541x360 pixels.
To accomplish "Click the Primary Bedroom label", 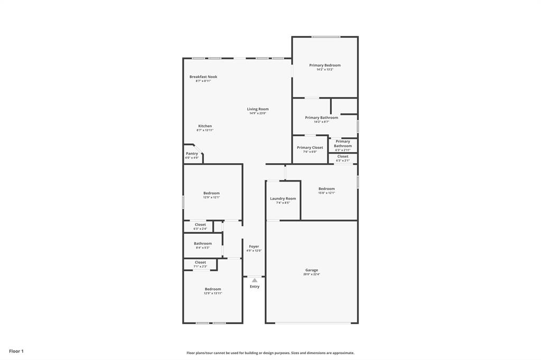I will tap(325, 65).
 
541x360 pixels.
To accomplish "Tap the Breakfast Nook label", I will tap(203, 77).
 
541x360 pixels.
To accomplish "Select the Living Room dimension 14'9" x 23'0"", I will tap(258, 113).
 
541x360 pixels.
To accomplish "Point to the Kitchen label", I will tap(205, 126).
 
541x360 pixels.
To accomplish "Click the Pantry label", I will tap(192, 154).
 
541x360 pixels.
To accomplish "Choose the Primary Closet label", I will tap(310, 148).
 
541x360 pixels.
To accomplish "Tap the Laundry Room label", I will tap(283, 199).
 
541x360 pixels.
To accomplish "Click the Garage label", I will tap(312, 270).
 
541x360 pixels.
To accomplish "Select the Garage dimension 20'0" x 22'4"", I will tap(312, 274).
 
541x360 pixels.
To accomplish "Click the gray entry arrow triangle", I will tap(255, 280).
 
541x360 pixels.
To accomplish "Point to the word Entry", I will tap(255, 287).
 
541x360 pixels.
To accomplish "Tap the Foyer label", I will tap(254, 247).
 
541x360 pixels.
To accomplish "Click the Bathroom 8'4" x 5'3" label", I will tap(202, 244).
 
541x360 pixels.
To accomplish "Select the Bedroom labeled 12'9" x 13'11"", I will tap(213, 289).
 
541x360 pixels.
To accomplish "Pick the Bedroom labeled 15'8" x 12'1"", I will tap(327, 189).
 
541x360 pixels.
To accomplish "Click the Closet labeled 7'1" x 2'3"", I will tap(200, 262).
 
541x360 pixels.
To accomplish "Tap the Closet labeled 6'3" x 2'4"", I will tap(200, 225).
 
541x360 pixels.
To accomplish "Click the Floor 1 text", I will tap(16, 351).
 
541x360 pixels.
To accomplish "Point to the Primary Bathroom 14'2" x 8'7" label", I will tap(321, 118).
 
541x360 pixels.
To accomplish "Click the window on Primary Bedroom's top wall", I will tap(325, 37).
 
